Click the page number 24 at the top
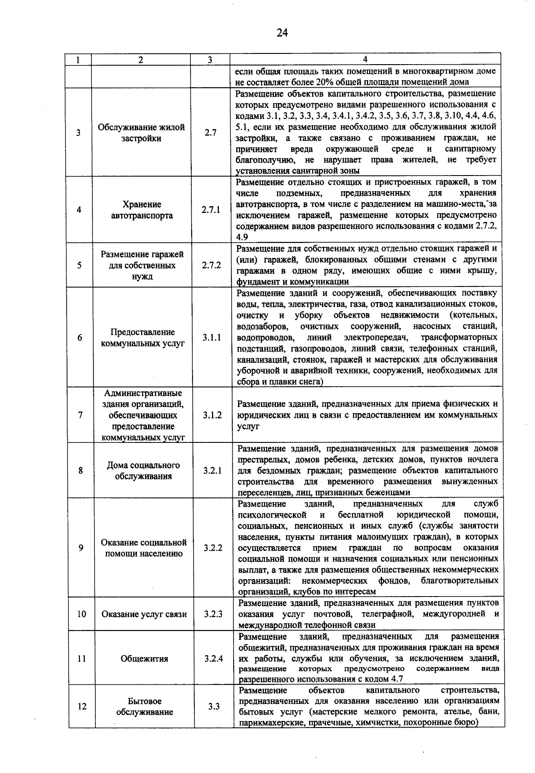pyautogui.click(x=282, y=33)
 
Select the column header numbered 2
pyautogui.click(x=140, y=60)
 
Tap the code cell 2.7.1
pyautogui.click(x=211, y=210)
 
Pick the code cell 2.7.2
pyautogui.click(x=211, y=265)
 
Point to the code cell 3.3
pyautogui.click(x=214, y=706)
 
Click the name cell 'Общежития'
pyautogui.click(x=144, y=658)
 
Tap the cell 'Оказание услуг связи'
pyautogui.click(x=144, y=614)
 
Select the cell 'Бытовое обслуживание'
pyautogui.click(x=144, y=707)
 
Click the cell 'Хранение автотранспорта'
pyautogui.click(x=142, y=210)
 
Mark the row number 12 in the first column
pyautogui.click(x=82, y=706)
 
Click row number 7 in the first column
pyautogui.click(x=80, y=415)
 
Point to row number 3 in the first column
pyautogui.click(x=78, y=132)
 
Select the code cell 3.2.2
pyautogui.click(x=213, y=548)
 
